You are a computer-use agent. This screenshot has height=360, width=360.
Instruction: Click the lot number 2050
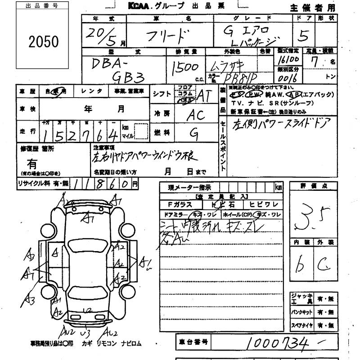(x=44, y=42)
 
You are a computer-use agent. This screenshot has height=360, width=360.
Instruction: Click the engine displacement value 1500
(x=184, y=68)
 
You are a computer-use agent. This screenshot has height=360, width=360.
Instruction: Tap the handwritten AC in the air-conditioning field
(x=196, y=115)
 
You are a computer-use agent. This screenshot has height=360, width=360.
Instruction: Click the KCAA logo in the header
(x=141, y=6)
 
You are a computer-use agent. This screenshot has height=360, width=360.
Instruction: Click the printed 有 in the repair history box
(x=32, y=164)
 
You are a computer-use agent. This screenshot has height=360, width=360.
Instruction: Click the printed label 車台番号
(x=192, y=343)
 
